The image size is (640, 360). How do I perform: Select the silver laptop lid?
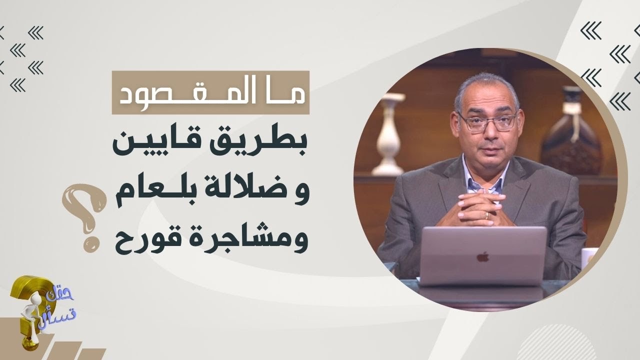click(x=482, y=256)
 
